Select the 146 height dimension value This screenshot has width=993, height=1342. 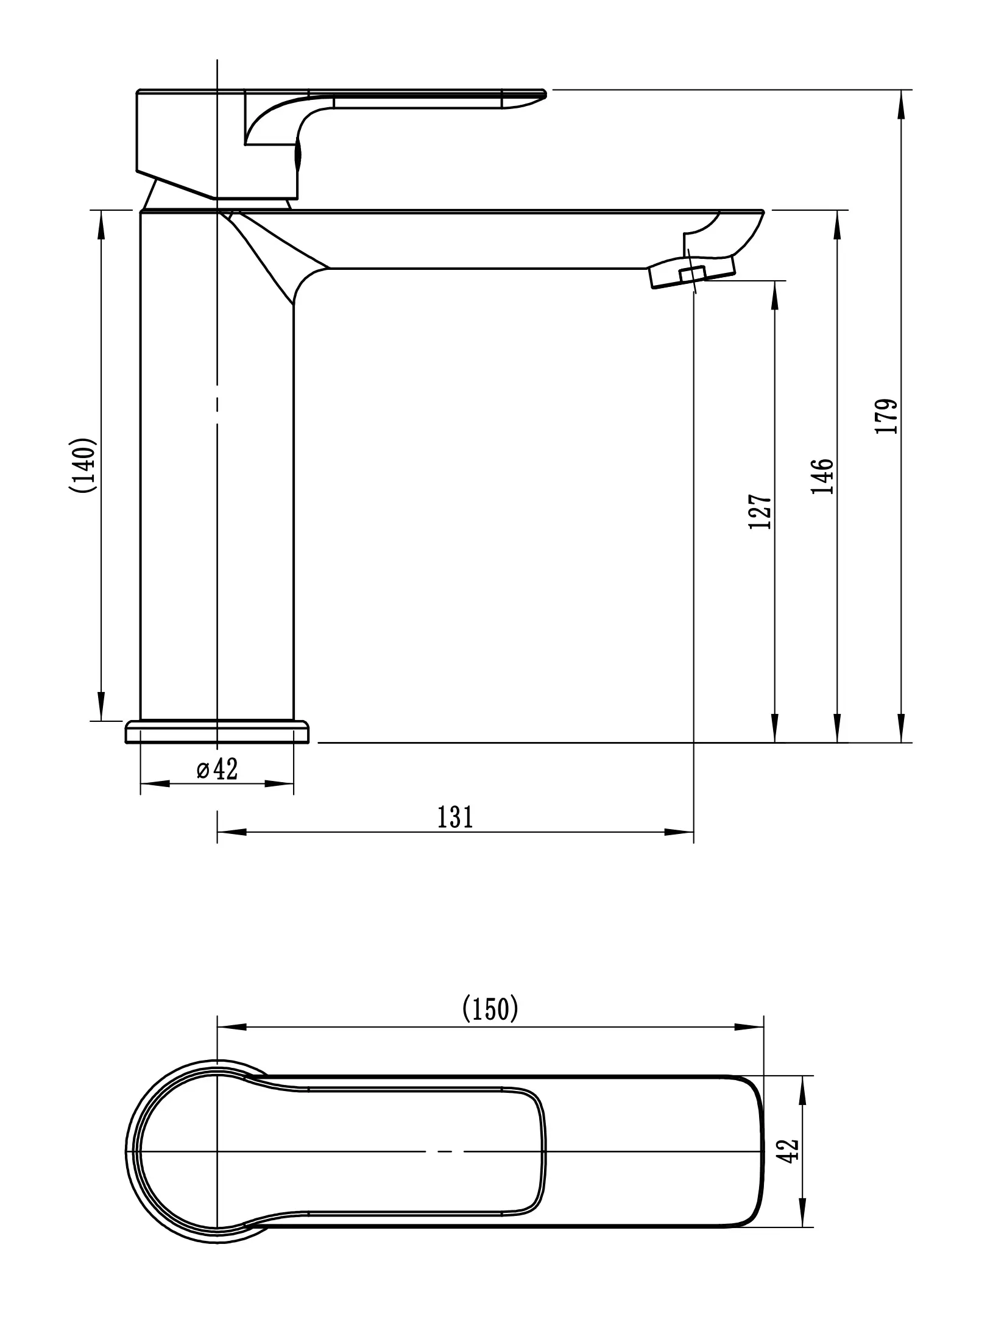click(x=822, y=476)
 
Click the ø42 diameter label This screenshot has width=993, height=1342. click(x=217, y=770)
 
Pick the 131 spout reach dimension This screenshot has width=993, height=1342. click(x=455, y=818)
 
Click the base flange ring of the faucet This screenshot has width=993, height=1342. click(x=217, y=732)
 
